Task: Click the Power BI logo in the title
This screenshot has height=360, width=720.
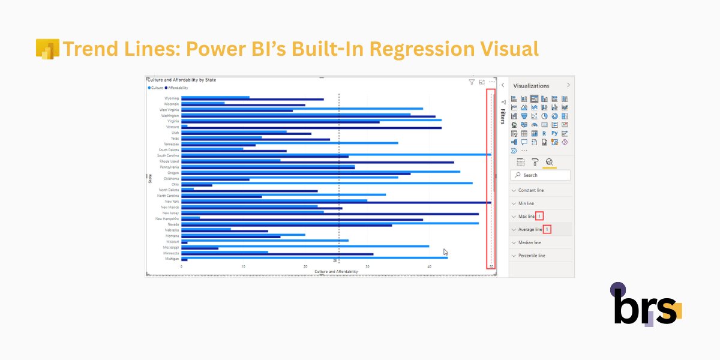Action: tap(47, 49)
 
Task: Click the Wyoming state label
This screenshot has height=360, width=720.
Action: tap(171, 98)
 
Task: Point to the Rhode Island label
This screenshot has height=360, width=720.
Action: tap(169, 161)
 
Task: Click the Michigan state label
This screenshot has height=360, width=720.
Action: tap(171, 259)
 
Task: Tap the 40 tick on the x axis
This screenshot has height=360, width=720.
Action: tap(430, 266)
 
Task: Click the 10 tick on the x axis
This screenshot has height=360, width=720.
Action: tap(244, 266)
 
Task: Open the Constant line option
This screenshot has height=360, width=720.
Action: tap(531, 190)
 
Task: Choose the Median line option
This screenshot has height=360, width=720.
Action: tap(529, 242)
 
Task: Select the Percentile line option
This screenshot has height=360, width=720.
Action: tap(532, 256)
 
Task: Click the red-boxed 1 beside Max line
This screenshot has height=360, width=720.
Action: tap(540, 216)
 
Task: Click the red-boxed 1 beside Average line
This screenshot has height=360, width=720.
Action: tap(547, 229)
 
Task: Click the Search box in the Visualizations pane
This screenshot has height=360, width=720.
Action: tap(540, 175)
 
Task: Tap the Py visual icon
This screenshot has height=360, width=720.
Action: tap(554, 133)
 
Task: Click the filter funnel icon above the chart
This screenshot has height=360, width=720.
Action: tap(472, 82)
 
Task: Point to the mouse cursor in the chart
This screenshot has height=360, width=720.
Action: tap(446, 252)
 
